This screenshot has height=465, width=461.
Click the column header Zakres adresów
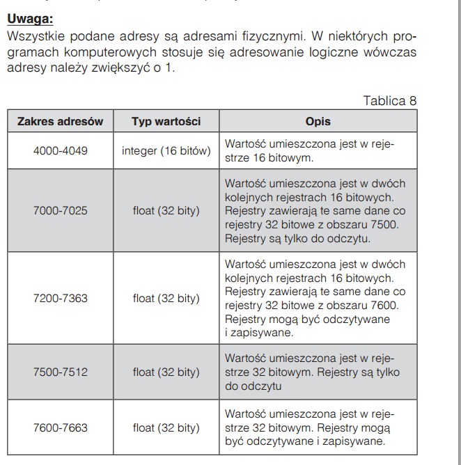click(x=60, y=121)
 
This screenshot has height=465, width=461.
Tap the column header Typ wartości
click(x=166, y=121)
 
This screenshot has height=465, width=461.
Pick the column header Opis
click(x=318, y=121)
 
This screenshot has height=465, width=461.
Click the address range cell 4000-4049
click(x=60, y=150)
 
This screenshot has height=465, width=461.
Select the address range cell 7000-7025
click(x=60, y=210)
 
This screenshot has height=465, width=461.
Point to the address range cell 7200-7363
click(x=60, y=298)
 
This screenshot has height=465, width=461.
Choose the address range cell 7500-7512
click(x=60, y=372)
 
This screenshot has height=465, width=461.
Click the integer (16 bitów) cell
click(x=166, y=150)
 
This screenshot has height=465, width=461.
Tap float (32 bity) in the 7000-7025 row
click(x=166, y=210)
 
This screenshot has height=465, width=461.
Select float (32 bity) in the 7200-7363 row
click(x=166, y=298)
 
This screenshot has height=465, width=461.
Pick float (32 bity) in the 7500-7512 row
click(x=166, y=372)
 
